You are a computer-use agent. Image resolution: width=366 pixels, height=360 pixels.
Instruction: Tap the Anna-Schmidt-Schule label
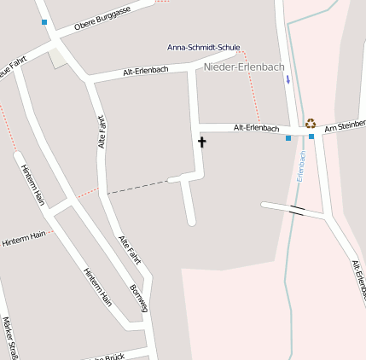coord(203,47)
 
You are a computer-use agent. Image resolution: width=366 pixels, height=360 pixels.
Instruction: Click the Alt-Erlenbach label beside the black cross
coord(257,128)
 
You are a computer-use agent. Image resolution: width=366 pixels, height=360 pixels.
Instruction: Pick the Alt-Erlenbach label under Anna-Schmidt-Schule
coord(146,72)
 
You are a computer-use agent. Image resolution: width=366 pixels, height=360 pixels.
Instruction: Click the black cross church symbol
coord(202,142)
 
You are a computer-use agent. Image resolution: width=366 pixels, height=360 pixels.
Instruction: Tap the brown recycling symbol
coord(311,123)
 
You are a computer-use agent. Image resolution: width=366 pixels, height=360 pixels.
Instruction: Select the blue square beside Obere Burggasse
coord(44,22)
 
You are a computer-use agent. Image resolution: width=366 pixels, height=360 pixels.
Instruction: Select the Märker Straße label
coord(11,338)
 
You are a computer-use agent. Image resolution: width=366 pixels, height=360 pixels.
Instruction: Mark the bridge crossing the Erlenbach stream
coord(297,208)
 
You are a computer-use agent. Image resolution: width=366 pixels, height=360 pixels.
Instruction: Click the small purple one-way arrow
coord(288,79)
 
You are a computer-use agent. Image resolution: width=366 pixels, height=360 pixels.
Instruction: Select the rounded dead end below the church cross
coord(191,221)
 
